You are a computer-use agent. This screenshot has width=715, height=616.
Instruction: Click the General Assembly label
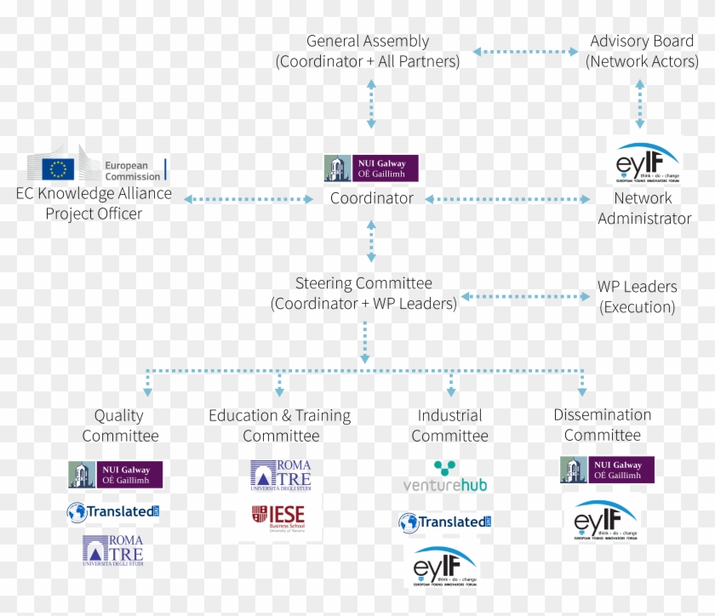click(368, 51)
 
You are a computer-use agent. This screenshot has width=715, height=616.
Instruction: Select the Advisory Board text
click(642, 51)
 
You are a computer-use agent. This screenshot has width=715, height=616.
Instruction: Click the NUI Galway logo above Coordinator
click(371, 168)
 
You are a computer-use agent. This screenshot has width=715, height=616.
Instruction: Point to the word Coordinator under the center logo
click(372, 198)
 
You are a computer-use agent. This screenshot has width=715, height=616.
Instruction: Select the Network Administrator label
click(644, 208)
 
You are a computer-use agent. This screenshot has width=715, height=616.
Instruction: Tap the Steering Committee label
click(363, 294)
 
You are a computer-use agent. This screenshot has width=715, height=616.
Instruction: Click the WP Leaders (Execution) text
click(637, 297)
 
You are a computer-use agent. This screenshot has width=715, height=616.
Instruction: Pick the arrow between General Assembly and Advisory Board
click(526, 52)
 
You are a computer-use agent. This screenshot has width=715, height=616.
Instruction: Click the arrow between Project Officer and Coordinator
click(249, 199)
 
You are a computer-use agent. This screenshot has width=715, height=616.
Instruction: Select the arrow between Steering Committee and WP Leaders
click(525, 297)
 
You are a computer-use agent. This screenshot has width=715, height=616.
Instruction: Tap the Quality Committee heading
click(120, 425)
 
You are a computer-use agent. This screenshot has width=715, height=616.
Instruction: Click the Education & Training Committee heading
click(280, 425)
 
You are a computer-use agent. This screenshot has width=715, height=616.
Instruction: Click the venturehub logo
click(444, 477)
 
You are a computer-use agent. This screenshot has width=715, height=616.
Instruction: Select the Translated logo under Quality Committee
click(113, 512)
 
